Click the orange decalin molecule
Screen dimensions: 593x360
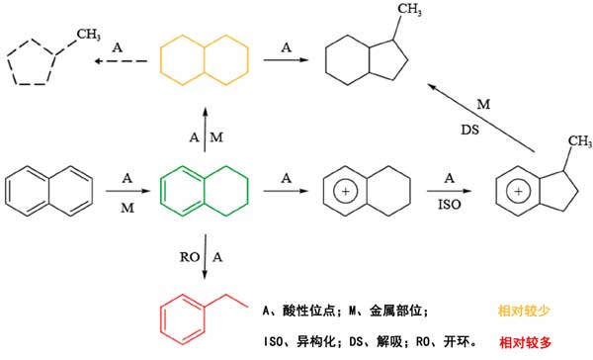point(161,60)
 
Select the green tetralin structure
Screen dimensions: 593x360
point(161,191)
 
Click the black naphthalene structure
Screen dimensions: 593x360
point(6,191)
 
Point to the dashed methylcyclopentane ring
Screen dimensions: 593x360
point(8,62)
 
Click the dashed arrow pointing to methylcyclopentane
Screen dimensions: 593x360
point(121,61)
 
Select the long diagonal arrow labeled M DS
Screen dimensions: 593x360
point(481,118)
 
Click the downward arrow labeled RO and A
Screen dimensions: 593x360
point(205,257)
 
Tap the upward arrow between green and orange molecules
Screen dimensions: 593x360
point(205,130)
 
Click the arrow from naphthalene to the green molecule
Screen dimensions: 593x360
point(128,191)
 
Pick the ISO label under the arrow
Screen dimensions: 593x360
point(450,205)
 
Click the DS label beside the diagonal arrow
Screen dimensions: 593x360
point(469,130)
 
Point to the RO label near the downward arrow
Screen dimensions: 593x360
point(190,257)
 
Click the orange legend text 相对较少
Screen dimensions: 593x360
point(524,311)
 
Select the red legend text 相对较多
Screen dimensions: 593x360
point(526,342)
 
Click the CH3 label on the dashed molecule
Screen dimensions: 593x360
point(89,35)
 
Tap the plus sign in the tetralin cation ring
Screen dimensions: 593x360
point(345,192)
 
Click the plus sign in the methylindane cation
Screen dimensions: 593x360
point(518,192)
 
